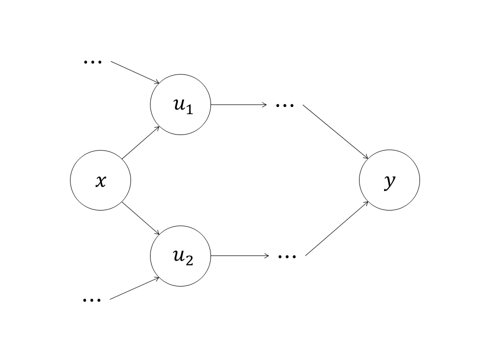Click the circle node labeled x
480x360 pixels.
(x=100, y=180)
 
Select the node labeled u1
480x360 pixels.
(x=180, y=105)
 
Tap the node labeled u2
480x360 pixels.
(x=180, y=256)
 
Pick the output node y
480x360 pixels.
(x=389, y=180)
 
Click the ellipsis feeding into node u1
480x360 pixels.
(x=92, y=61)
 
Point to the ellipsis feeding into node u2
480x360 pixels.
(x=91, y=299)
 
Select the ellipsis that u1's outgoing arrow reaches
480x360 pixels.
(x=285, y=105)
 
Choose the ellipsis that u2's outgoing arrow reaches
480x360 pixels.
(x=287, y=256)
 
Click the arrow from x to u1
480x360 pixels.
(x=140, y=142)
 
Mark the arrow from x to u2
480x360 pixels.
(x=140, y=218)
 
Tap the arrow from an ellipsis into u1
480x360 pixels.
(x=135, y=72)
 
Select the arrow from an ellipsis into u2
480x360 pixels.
(x=134, y=288)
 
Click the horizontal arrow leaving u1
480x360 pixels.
(x=239, y=105)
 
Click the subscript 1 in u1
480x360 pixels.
(x=189, y=109)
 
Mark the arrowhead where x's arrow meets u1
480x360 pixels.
(x=157, y=127)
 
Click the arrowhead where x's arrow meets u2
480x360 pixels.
(x=157, y=233)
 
